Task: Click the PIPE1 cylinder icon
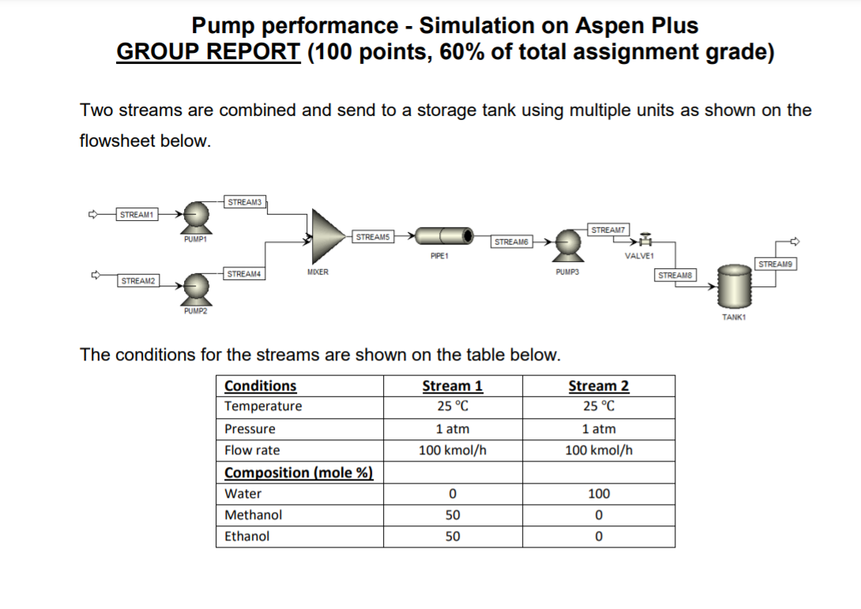coord(443,235)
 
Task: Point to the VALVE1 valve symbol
coord(645,240)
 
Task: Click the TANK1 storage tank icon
coord(734,286)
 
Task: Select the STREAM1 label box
coord(137,214)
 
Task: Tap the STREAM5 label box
coord(373,236)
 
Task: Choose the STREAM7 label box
coord(608,230)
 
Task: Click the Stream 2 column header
coord(599,386)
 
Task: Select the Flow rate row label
coord(252,450)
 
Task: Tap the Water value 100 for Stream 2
coord(599,494)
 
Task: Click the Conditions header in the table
coord(261,386)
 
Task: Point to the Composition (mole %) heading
coord(299,473)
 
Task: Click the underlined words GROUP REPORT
coord(208,52)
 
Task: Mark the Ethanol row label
coord(247,536)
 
